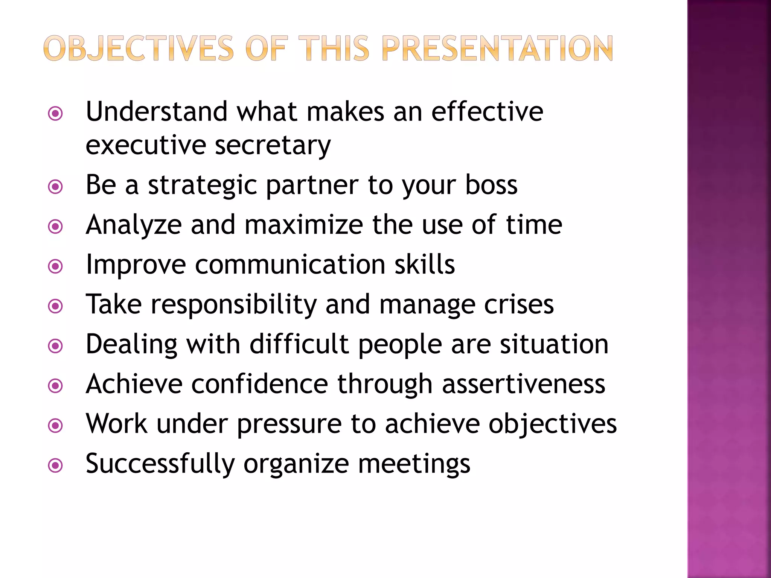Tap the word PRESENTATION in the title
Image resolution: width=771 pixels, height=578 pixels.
click(x=497, y=49)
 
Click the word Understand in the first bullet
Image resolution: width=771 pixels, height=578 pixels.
click(x=157, y=112)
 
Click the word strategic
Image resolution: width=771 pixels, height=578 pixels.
click(x=203, y=186)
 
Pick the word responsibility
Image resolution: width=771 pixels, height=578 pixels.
click(x=233, y=305)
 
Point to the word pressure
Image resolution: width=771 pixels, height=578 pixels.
click(x=289, y=424)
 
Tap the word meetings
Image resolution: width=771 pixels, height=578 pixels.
click(x=414, y=464)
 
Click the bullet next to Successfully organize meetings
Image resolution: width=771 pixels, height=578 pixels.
click(x=56, y=466)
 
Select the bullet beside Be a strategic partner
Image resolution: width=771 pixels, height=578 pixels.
click(x=56, y=187)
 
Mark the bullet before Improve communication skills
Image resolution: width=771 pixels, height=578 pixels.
click(x=56, y=266)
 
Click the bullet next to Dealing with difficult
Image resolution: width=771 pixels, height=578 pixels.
click(x=56, y=346)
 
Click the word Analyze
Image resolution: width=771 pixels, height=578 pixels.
click(x=134, y=225)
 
